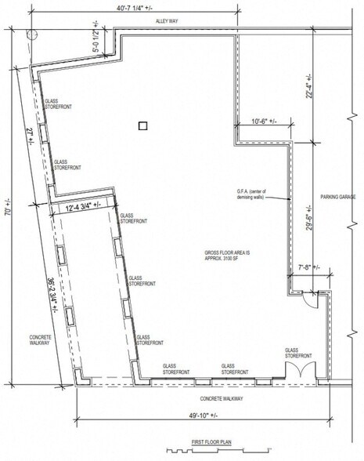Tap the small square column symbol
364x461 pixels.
click(142, 125)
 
